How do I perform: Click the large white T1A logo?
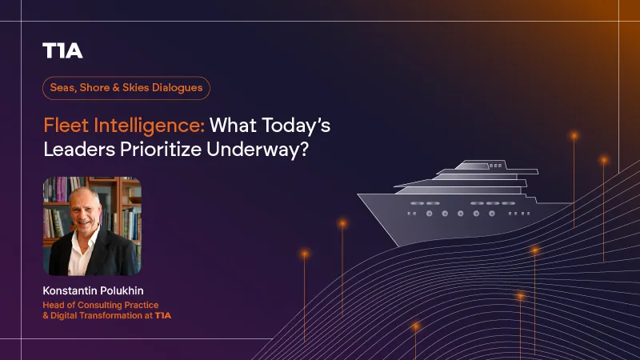coord(62,50)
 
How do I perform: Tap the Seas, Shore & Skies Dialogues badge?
coord(126,88)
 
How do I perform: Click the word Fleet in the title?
coord(66,125)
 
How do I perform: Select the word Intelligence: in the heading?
coord(149,126)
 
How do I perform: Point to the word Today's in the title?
coord(296,126)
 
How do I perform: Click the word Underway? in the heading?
coord(258,150)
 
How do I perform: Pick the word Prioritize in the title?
coord(161,149)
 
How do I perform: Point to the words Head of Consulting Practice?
coord(101,305)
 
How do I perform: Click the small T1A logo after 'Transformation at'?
coord(163,315)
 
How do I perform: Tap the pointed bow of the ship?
coord(358,195)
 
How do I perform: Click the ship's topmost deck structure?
coord(481,165)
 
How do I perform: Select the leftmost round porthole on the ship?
coord(429,214)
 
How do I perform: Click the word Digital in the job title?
coord(64,315)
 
